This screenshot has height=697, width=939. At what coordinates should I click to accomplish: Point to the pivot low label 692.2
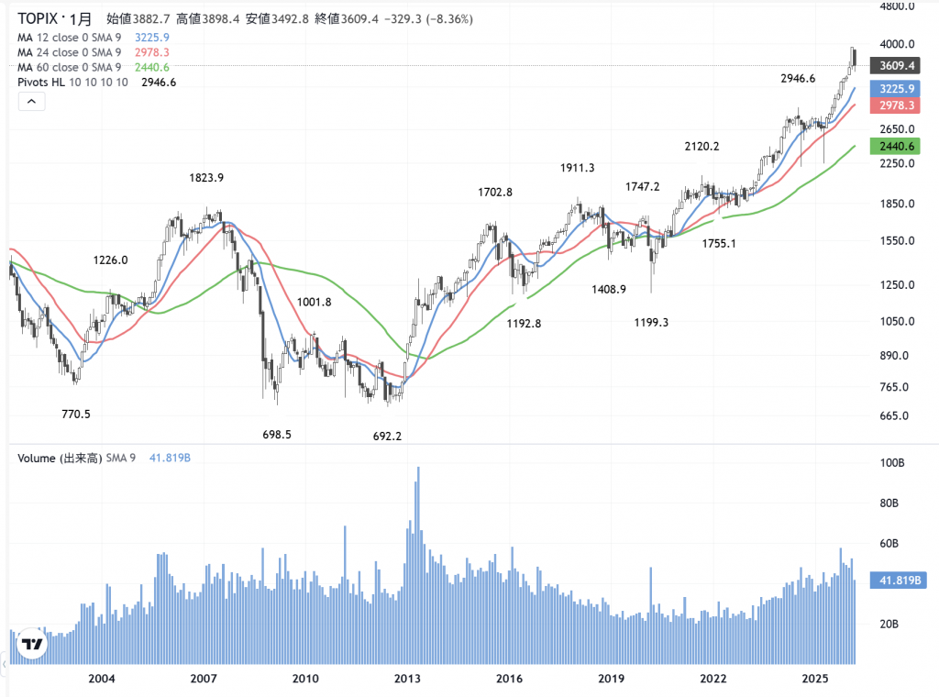click(387, 436)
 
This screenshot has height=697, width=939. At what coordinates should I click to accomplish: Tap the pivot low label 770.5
click(75, 414)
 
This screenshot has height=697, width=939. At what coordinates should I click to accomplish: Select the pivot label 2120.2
click(701, 146)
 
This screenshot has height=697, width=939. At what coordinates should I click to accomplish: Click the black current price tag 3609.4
click(898, 66)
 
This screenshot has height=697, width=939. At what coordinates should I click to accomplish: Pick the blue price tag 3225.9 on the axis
click(898, 89)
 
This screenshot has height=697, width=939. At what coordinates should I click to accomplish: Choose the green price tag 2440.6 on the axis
click(898, 146)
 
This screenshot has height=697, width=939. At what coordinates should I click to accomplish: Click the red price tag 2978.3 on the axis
click(898, 106)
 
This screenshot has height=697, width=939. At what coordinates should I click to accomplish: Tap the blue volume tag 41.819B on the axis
click(900, 581)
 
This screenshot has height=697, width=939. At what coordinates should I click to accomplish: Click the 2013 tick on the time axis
click(407, 679)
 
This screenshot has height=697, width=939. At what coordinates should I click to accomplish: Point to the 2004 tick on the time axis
click(102, 679)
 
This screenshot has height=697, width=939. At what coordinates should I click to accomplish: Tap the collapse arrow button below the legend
click(30, 102)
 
